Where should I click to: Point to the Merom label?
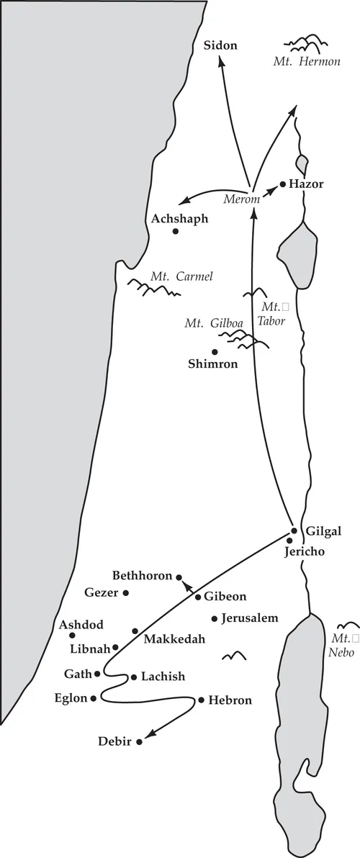(240, 198)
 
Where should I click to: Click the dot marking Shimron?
(214, 351)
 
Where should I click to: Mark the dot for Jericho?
(289, 541)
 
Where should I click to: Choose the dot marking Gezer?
(126, 593)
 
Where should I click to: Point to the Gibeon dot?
(198, 597)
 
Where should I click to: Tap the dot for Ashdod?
(72, 635)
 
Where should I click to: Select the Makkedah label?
(174, 638)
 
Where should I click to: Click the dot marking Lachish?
(133, 677)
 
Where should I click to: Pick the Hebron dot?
(201, 699)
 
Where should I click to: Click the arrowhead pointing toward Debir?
(150, 736)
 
